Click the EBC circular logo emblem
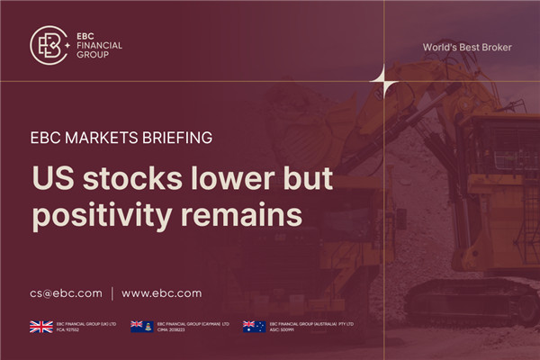[50, 45]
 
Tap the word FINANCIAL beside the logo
[100, 45]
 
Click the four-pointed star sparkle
[384, 83]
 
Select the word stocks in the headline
[123, 180]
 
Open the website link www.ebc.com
[161, 292]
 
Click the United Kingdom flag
[41, 327]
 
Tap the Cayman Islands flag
[142, 327]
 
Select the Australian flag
[254, 327]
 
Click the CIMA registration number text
[175, 330]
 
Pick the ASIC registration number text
[287, 330]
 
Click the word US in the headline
[52, 180]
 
